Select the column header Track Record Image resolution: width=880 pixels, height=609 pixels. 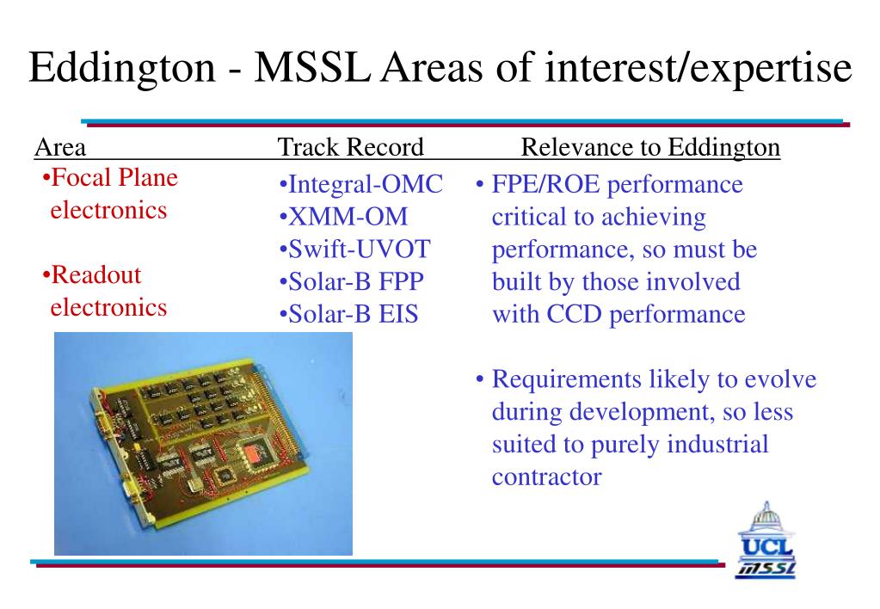[x=350, y=148]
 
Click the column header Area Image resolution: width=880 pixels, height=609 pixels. [x=60, y=148]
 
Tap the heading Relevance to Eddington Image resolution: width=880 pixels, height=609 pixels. [x=650, y=148]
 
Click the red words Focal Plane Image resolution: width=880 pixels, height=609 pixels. [x=114, y=178]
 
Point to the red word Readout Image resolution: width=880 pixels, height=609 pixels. [x=95, y=276]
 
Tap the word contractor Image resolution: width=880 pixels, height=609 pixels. [x=546, y=477]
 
